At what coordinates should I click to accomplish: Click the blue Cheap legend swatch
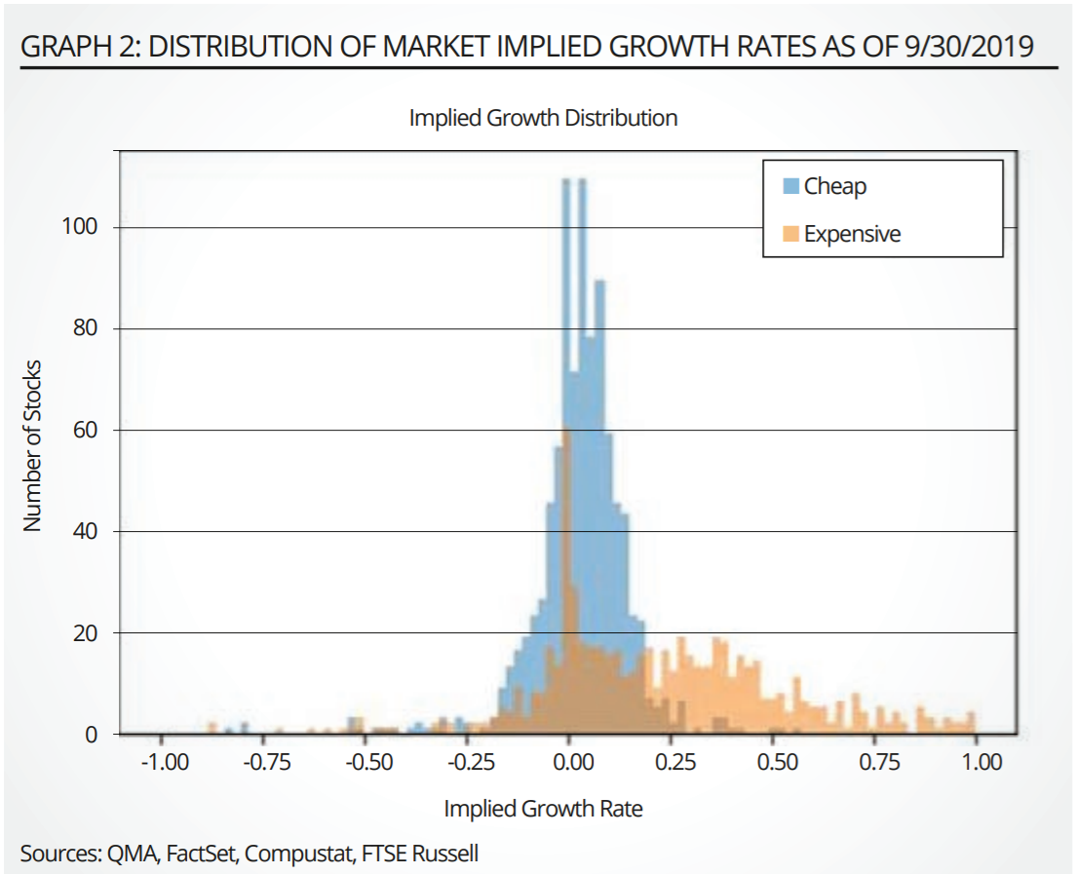(x=791, y=186)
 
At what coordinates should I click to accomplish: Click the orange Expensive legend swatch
(x=791, y=234)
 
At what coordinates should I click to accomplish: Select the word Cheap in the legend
(x=834, y=186)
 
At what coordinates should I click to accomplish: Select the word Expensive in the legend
(x=852, y=234)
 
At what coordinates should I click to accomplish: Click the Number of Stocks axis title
(x=33, y=445)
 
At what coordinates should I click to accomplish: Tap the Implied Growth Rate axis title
(x=544, y=809)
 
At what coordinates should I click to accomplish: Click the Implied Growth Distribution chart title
(x=543, y=119)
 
